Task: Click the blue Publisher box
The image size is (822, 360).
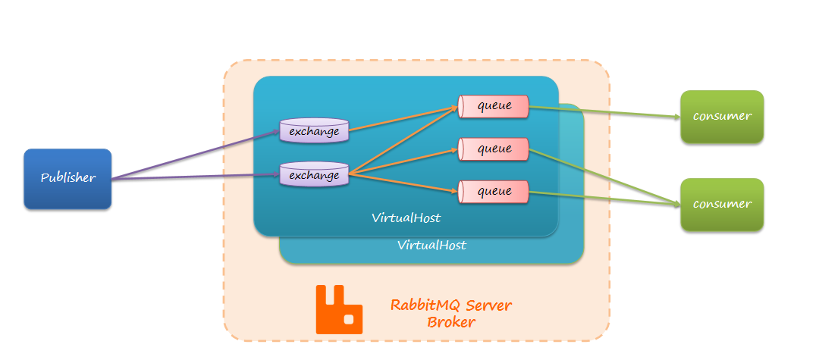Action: [x=67, y=178]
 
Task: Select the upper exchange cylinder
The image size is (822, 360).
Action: [x=314, y=130]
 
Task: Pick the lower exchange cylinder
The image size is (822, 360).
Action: [x=314, y=175]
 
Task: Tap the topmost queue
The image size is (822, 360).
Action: [x=494, y=106]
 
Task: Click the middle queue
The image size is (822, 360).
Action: [x=494, y=149]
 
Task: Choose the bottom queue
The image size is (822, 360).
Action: [x=494, y=192]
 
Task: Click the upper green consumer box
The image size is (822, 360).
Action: [x=721, y=116]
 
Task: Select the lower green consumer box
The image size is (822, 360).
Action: [x=721, y=204]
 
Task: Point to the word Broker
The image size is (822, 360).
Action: [x=450, y=322]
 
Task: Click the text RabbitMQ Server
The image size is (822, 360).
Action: [x=450, y=305]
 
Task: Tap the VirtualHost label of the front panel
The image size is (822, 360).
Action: [x=406, y=218]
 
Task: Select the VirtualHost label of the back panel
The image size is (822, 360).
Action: [x=431, y=246]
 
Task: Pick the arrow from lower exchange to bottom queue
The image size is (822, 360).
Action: [x=402, y=183]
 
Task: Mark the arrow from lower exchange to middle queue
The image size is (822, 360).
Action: [x=402, y=161]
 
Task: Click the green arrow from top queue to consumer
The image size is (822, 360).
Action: [x=603, y=112]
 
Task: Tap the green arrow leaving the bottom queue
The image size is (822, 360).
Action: [x=603, y=198]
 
